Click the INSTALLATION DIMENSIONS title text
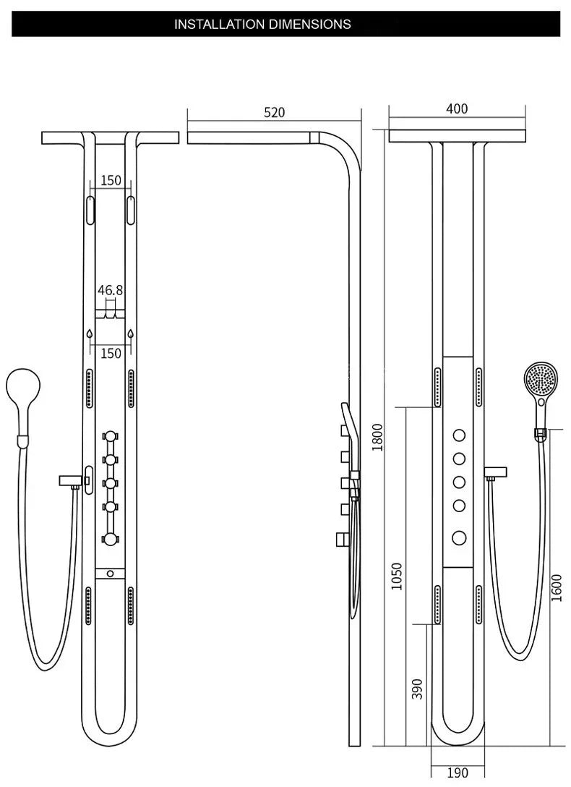click(262, 24)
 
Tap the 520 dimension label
click(274, 113)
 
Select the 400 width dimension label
click(457, 109)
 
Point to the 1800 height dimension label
click(377, 436)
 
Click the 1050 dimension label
click(397, 576)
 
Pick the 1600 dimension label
click(556, 587)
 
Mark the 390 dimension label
click(417, 688)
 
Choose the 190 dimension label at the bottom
click(458, 773)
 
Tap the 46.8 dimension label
click(111, 290)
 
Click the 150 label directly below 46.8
click(111, 353)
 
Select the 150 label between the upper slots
click(111, 180)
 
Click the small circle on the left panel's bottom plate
click(110, 574)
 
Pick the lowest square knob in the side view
click(340, 539)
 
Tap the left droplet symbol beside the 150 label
click(89, 335)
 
